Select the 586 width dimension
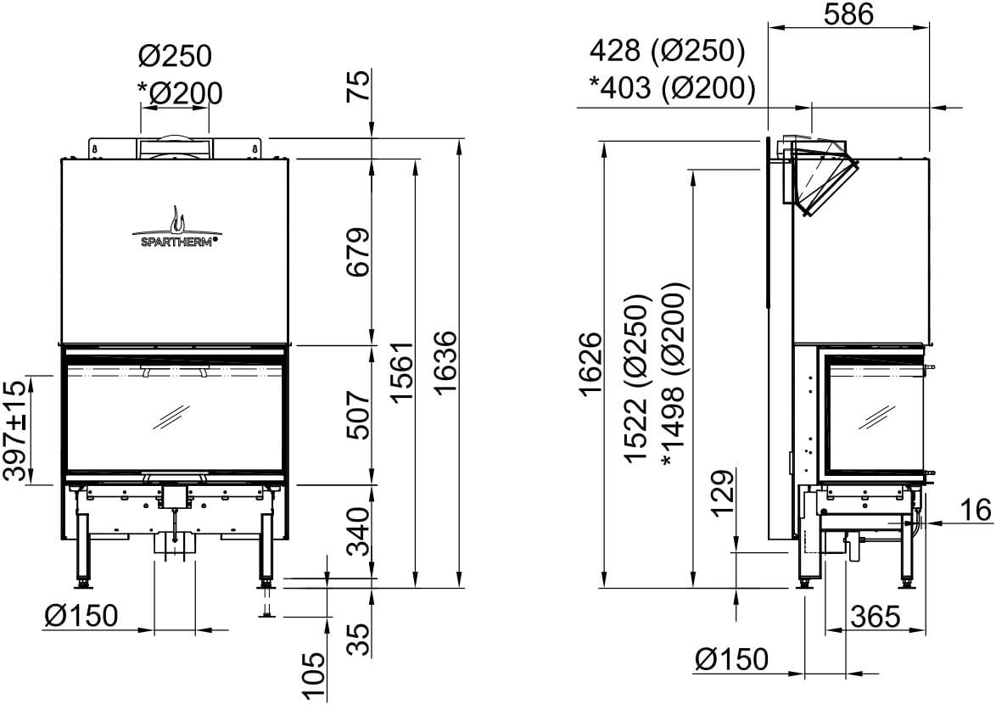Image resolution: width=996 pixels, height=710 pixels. tap(848, 14)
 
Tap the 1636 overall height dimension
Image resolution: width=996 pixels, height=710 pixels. tap(446, 363)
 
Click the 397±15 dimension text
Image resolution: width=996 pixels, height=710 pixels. tap(17, 429)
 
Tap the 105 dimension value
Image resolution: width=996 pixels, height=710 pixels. tap(315, 676)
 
